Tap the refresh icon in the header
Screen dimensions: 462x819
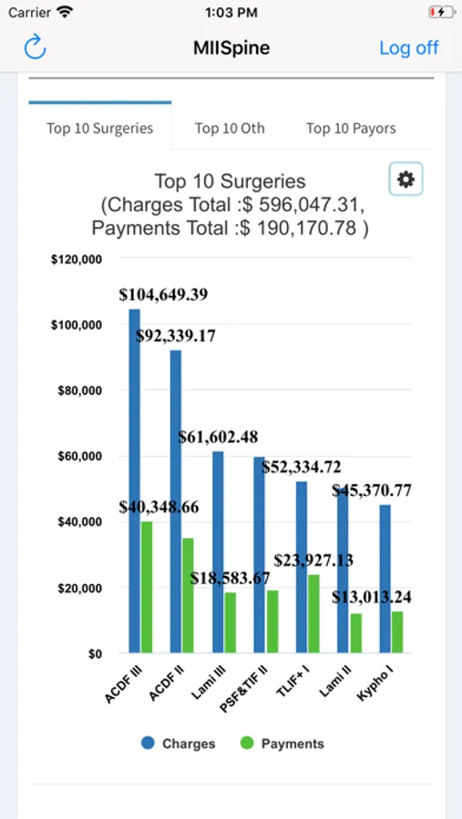pos(35,47)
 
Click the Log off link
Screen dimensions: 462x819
pos(409,47)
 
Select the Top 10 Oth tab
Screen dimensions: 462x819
pos(230,128)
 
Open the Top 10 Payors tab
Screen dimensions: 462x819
pos(351,128)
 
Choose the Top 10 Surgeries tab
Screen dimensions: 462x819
pos(100,128)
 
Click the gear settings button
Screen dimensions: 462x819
pos(406,179)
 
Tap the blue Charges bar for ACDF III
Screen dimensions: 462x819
pos(135,480)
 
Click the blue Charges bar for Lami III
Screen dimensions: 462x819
pos(218,552)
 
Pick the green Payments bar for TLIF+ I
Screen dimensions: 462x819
pos(313,613)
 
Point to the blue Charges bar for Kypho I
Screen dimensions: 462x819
pos(385,579)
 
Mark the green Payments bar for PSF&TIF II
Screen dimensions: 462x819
pos(272,622)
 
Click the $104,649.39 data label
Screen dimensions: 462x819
pos(163,295)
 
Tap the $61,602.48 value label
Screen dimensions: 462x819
pos(218,437)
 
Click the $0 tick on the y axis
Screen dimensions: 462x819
pos(94,653)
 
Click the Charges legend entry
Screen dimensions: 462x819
pos(178,743)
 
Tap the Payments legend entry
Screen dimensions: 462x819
pos(282,743)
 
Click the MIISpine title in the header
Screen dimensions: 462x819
pos(231,48)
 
